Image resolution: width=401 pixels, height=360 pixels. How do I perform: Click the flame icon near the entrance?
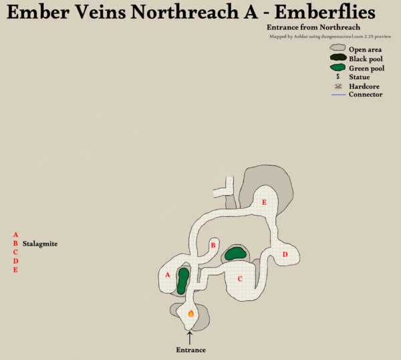coord(190,312)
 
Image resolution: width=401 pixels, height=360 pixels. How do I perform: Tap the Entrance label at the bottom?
coord(190,350)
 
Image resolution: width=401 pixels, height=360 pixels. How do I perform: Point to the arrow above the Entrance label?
coord(190,337)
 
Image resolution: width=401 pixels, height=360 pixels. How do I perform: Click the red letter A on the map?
coord(167,274)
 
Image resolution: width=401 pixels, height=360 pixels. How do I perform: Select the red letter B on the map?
coord(213,246)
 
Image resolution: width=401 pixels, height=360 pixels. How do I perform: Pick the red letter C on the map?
coord(240,278)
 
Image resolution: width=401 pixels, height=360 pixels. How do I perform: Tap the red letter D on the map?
coord(285,254)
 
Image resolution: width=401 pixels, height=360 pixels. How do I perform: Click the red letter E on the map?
coord(265,202)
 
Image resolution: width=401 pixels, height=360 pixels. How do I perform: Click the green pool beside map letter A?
coord(182,281)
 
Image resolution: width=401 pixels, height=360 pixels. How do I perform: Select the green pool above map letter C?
coord(235,253)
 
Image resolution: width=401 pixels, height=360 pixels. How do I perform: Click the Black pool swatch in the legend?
coord(338,58)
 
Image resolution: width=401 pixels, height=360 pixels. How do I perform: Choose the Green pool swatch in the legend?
coord(338,68)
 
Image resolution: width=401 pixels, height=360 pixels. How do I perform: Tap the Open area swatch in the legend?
coord(338,49)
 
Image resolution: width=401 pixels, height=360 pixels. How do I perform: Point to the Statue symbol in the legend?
coord(338,77)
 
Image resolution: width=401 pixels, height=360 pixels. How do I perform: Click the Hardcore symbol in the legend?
coord(338,86)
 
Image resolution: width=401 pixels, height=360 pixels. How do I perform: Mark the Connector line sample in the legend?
coord(338,95)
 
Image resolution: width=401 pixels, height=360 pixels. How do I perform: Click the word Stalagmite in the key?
coord(39,244)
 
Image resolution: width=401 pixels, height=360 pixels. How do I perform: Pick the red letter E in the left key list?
coord(15,270)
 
